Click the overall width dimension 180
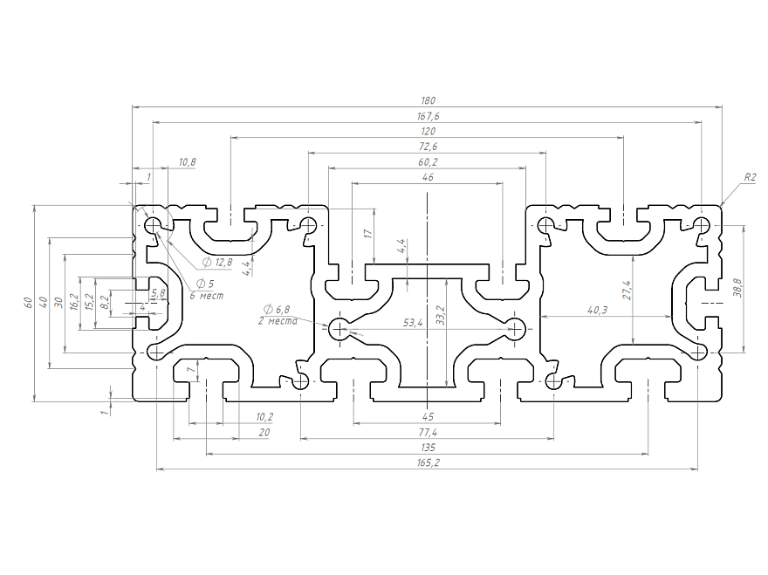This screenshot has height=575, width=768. coord(428,101)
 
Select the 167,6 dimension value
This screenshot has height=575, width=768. coord(428,116)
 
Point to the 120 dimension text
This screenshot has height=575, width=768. coord(428,131)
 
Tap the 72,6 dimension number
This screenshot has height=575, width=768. coord(428,147)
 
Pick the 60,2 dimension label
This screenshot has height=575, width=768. coord(428,162)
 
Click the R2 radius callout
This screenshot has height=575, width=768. coord(750,177)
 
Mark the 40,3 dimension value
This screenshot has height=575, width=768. coord(598,309)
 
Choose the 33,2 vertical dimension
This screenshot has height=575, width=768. coord(440,315)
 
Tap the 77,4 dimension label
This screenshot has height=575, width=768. coord(428,432)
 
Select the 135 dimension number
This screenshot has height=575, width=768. coord(428,447)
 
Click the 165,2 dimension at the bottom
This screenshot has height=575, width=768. coord(428,462)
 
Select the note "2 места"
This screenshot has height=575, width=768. coord(278,321)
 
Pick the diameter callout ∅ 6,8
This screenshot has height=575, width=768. coord(277,310)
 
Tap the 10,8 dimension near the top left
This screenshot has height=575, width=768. coord(187,162)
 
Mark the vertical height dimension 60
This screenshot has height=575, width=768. coord(28,303)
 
